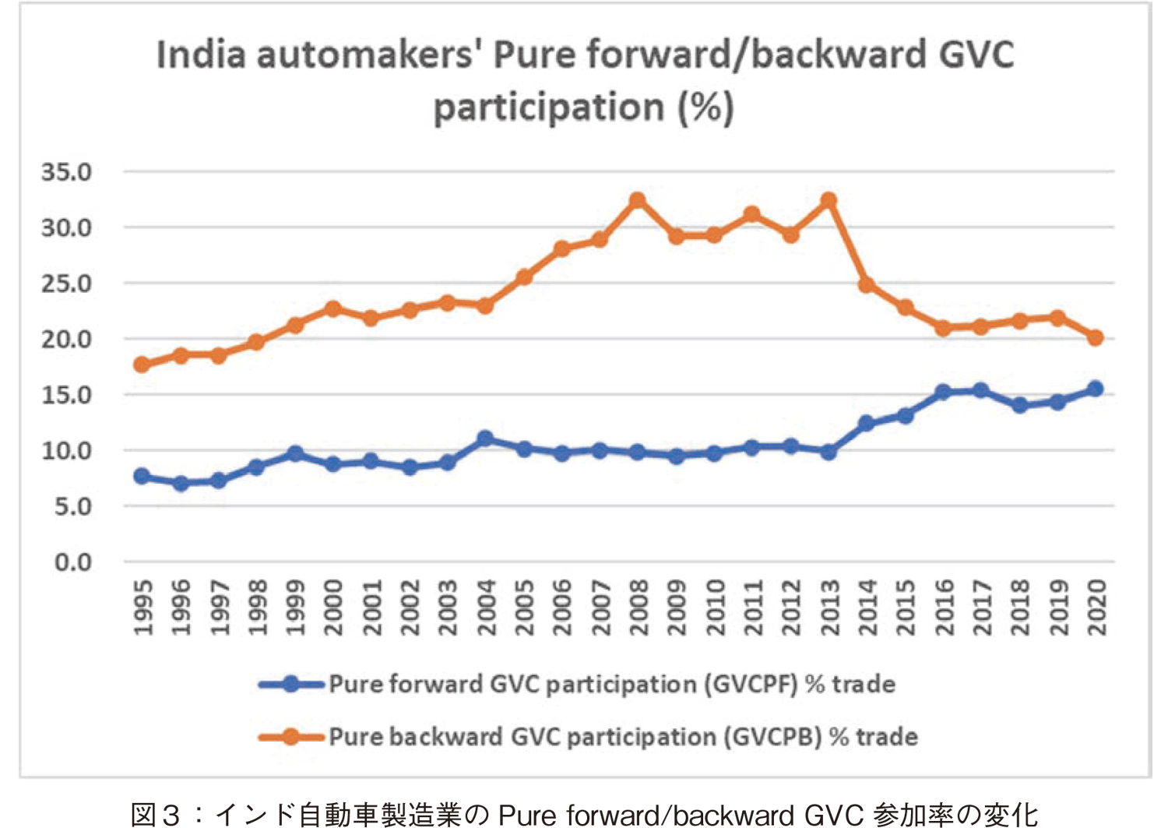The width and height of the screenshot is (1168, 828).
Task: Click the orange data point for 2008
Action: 638,201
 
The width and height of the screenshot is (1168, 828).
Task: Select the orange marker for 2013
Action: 829,201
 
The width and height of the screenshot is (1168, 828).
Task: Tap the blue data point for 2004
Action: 485,439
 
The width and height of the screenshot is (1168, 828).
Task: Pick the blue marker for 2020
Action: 1095,389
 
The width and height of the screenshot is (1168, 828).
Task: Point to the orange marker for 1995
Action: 142,365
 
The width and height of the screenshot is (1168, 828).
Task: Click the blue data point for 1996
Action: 181,484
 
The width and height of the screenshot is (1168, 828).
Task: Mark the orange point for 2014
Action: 866,285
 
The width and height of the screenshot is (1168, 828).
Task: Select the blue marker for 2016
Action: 943,392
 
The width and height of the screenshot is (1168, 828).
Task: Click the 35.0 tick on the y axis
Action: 67,172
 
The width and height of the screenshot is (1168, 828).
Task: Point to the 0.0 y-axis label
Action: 73,562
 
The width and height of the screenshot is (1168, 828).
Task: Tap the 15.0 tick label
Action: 67,395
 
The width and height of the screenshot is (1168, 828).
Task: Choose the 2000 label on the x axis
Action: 333,608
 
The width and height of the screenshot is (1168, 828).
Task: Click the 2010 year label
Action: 715,608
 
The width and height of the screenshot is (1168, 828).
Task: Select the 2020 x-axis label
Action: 1096,608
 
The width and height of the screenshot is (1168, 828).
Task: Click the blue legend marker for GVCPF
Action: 291,685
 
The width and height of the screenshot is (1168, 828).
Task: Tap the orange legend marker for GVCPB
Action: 291,737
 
